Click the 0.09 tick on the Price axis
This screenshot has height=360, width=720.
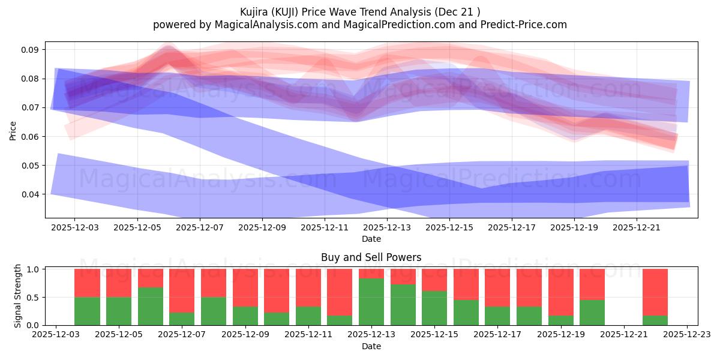(31, 50)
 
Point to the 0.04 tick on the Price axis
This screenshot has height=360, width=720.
(31, 194)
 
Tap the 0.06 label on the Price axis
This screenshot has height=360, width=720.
(31, 137)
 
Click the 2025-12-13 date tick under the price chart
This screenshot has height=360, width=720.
(387, 228)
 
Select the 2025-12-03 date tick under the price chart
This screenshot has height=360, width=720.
(74, 228)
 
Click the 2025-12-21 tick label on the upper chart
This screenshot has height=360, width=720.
(637, 228)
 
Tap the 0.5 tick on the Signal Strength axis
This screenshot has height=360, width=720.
(34, 298)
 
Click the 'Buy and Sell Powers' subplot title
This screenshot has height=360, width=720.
(371, 257)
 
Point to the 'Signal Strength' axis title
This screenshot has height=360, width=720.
(18, 296)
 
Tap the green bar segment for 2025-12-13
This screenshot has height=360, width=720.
(371, 302)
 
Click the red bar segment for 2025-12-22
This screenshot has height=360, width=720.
(655, 292)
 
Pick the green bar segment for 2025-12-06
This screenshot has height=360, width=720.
(150, 306)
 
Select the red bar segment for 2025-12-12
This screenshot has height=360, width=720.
(340, 292)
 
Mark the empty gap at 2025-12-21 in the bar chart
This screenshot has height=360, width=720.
(624, 297)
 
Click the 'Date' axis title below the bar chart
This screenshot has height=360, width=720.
(371, 346)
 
